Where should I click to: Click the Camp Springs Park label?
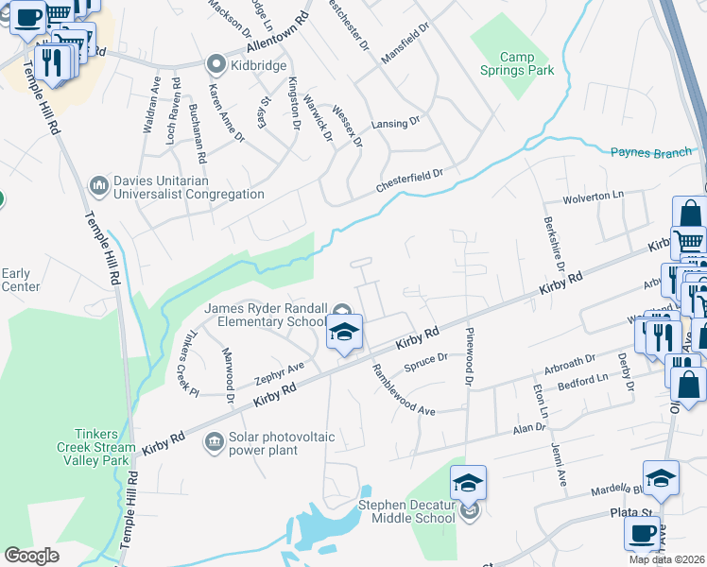click(x=517, y=63)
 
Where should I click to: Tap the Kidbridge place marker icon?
click(x=216, y=64)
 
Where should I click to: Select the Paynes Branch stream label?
click(x=653, y=152)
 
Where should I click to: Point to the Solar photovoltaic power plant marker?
click(x=216, y=439)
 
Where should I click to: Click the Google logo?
click(x=31, y=555)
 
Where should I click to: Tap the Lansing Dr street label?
click(x=395, y=124)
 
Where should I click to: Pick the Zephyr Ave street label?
click(x=280, y=375)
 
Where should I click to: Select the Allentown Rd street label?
click(x=278, y=34)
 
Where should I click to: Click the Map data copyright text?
click(x=665, y=559)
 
